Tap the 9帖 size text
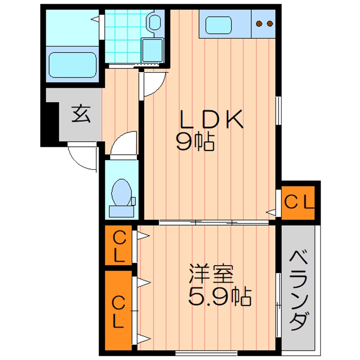point(195,143)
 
